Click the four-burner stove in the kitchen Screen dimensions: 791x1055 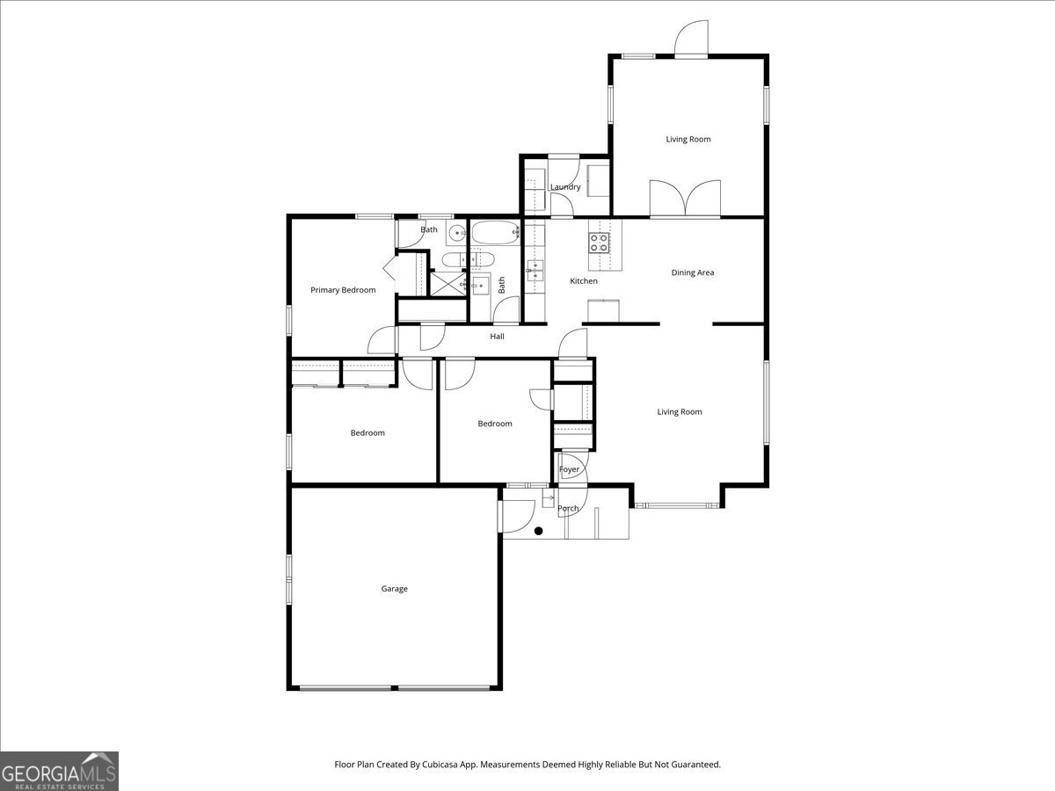pos(600,242)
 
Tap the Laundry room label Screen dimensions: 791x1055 pos(564,187)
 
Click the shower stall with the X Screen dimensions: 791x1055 pos(447,282)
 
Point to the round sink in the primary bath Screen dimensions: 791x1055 pos(457,234)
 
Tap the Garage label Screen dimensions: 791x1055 pos(394,589)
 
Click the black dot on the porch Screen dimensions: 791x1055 pos(539,531)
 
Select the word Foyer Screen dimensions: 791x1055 pos(570,469)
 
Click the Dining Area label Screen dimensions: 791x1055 pos(693,272)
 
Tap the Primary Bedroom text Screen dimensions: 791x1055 pos(343,290)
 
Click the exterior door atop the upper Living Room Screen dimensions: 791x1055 pos(691,40)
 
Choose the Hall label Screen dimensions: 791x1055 pos(498,337)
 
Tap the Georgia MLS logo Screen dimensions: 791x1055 pos(59,772)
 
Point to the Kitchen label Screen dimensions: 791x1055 pos(584,281)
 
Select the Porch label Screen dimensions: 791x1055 pos(568,509)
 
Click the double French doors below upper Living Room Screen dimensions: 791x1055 pos(685,199)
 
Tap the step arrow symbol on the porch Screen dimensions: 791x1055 pos(547,499)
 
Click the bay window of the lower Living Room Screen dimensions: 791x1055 pos(678,505)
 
